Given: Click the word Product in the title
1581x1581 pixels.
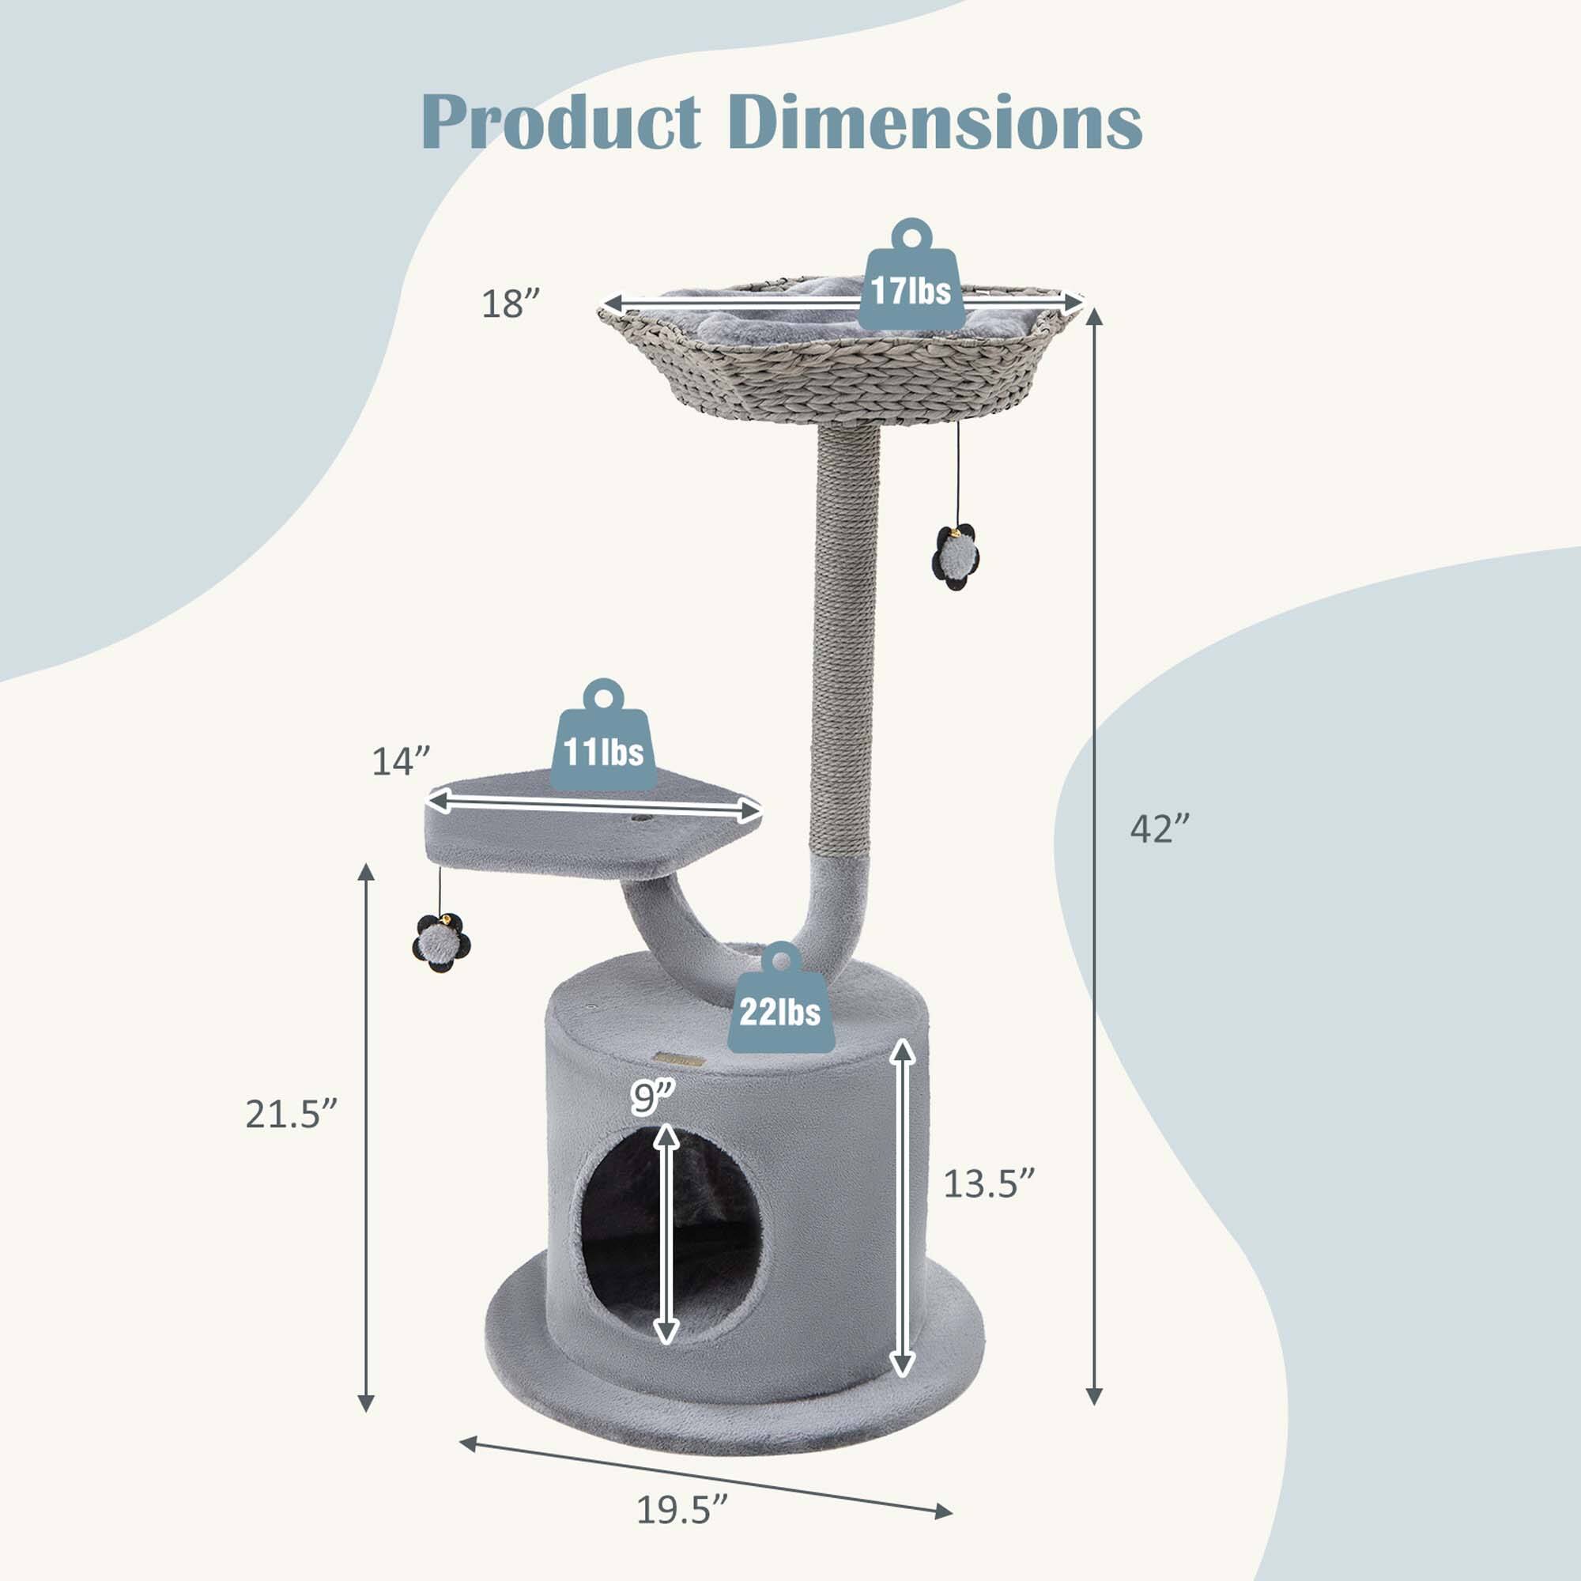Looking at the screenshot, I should pyautogui.click(x=561, y=123).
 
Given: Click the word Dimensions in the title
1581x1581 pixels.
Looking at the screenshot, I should pyautogui.click(x=934, y=123).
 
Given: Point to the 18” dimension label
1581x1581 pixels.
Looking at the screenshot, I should pyautogui.click(x=511, y=304).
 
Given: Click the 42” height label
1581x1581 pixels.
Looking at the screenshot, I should pyautogui.click(x=1159, y=829).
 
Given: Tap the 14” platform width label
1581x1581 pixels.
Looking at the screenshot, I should pyautogui.click(x=400, y=762).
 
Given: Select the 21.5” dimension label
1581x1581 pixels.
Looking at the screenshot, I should pyautogui.click(x=292, y=1115).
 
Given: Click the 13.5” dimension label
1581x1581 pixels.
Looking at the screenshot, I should pyautogui.click(x=989, y=1184).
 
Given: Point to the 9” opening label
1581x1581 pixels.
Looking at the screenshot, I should pyautogui.click(x=653, y=1098).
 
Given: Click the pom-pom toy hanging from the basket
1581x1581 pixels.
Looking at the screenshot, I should pyautogui.click(x=955, y=557).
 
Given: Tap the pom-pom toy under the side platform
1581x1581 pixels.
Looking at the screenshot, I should pyautogui.click(x=441, y=944).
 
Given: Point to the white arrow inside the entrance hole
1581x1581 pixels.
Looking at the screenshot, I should pyautogui.click(x=667, y=1235).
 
